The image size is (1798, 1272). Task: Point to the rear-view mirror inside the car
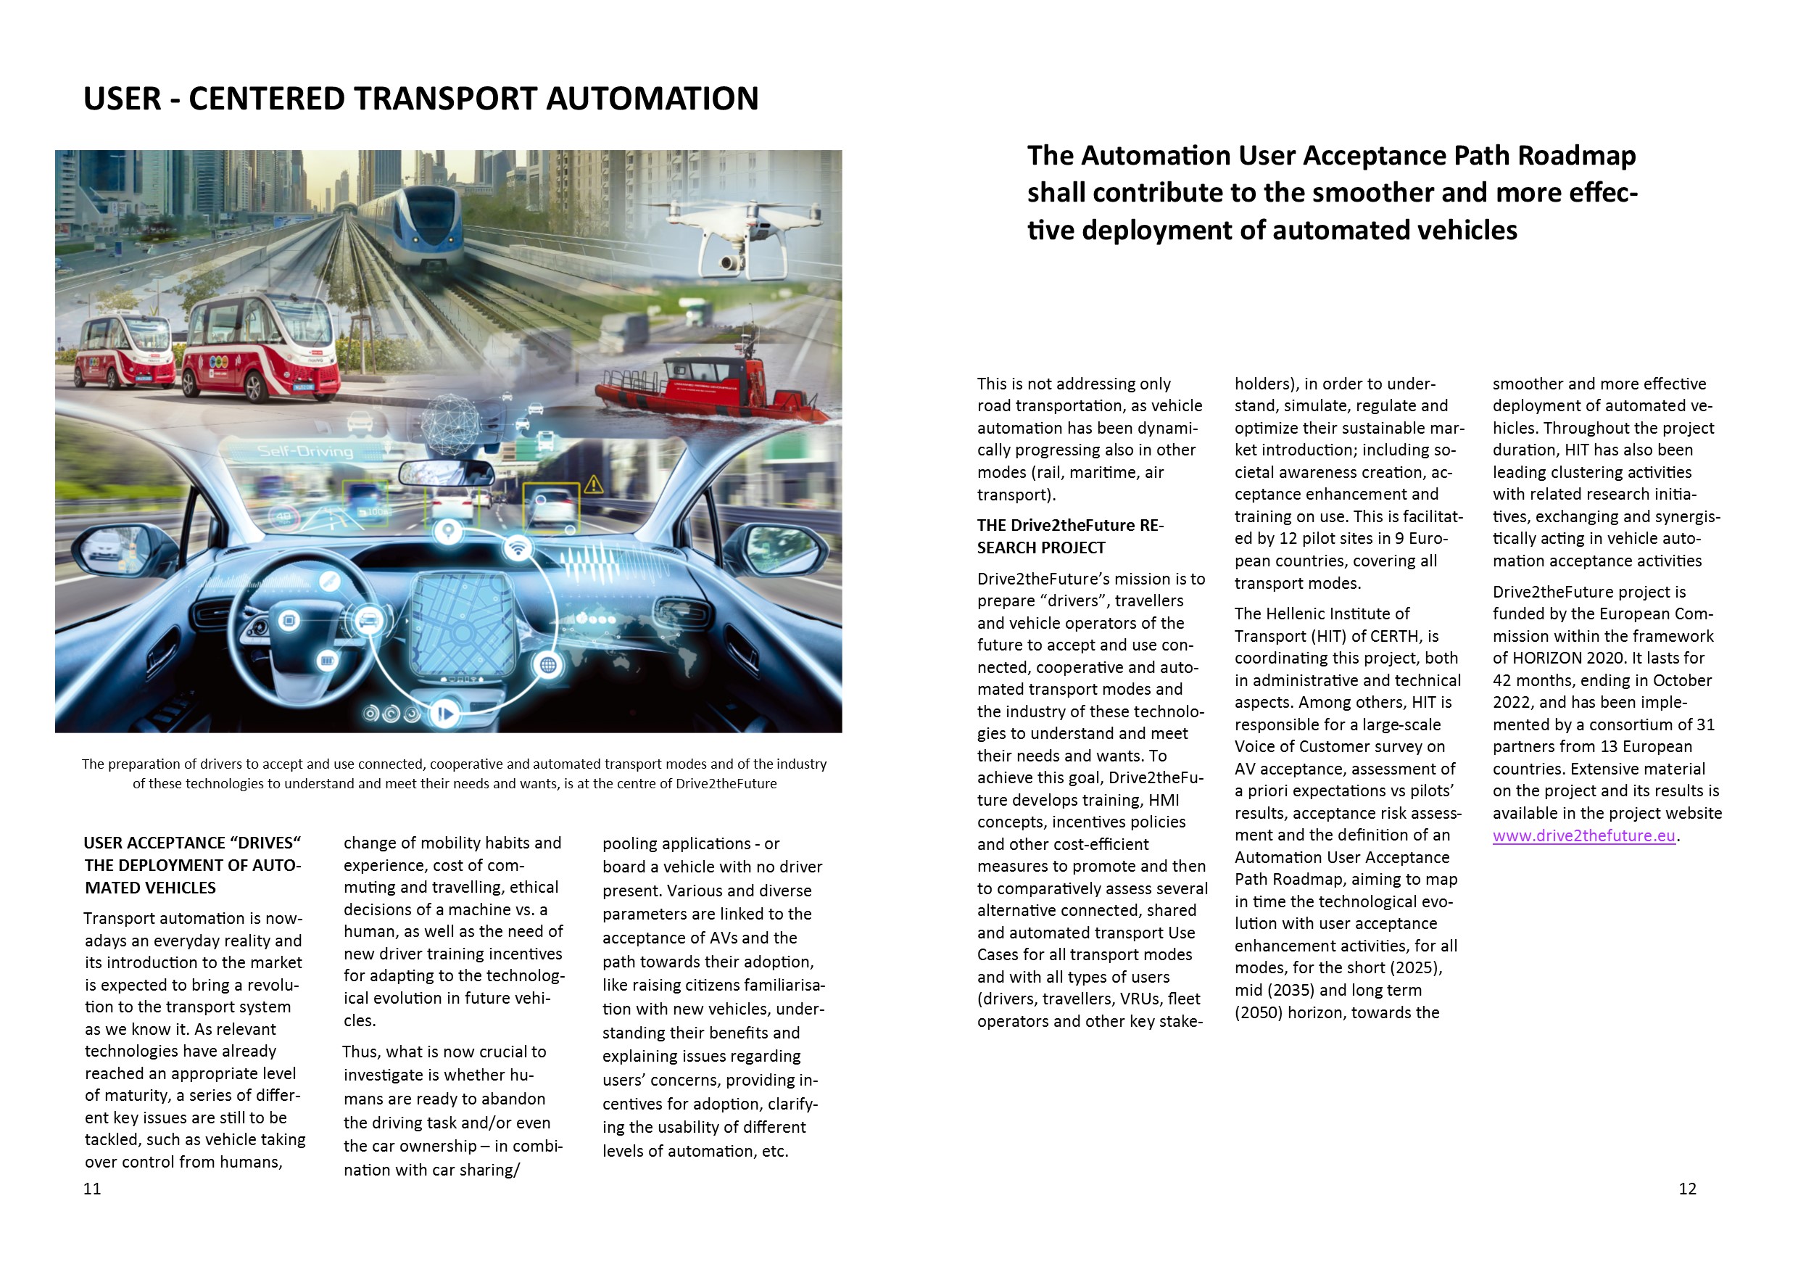click(x=447, y=472)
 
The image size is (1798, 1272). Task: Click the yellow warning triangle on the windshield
click(x=594, y=485)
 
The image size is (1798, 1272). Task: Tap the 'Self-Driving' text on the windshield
click(x=305, y=451)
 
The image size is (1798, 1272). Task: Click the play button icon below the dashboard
click(x=445, y=713)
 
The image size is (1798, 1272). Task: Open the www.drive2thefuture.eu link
click(x=1583, y=835)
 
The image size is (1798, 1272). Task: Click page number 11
click(x=91, y=1189)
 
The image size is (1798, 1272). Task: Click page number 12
click(x=1688, y=1189)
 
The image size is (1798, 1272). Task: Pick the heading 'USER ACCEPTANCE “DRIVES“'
click(x=193, y=843)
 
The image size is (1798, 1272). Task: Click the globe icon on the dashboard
click(x=548, y=665)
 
